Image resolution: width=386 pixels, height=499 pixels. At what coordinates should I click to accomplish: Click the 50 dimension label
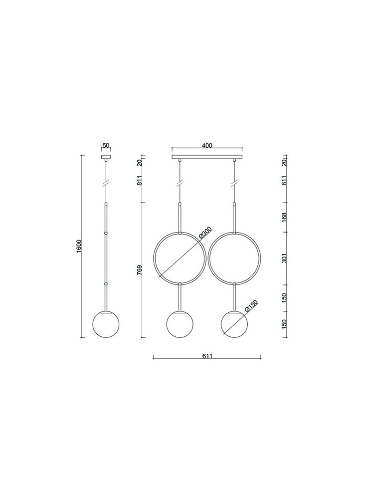[106, 146]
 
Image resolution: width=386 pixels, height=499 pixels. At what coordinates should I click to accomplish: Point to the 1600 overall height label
[79, 246]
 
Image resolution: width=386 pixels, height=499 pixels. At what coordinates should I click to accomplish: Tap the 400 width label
[207, 146]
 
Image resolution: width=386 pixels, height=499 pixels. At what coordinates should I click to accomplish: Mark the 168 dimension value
[284, 217]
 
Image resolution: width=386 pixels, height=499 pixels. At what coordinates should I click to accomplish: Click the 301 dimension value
[284, 258]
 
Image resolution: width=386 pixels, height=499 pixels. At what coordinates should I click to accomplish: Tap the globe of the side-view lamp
[106, 324]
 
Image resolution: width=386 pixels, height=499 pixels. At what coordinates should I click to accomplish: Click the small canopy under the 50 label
[106, 157]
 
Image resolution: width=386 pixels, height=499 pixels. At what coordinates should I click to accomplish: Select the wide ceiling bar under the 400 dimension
[207, 158]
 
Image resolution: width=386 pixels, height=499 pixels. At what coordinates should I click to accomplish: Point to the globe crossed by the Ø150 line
[235, 324]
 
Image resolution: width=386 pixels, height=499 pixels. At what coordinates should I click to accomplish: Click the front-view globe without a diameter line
[179, 324]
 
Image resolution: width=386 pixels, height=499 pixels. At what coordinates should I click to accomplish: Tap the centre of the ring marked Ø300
[179, 257]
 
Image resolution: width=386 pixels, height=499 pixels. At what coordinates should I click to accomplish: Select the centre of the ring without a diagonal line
[235, 257]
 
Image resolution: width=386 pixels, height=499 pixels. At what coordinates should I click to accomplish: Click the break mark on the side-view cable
[106, 183]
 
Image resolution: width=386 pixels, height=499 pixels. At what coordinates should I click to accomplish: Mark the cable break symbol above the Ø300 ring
[179, 183]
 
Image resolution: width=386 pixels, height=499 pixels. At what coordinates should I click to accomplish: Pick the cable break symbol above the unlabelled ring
[235, 183]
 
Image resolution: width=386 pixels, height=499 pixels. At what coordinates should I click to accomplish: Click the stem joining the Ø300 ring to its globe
[179, 297]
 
